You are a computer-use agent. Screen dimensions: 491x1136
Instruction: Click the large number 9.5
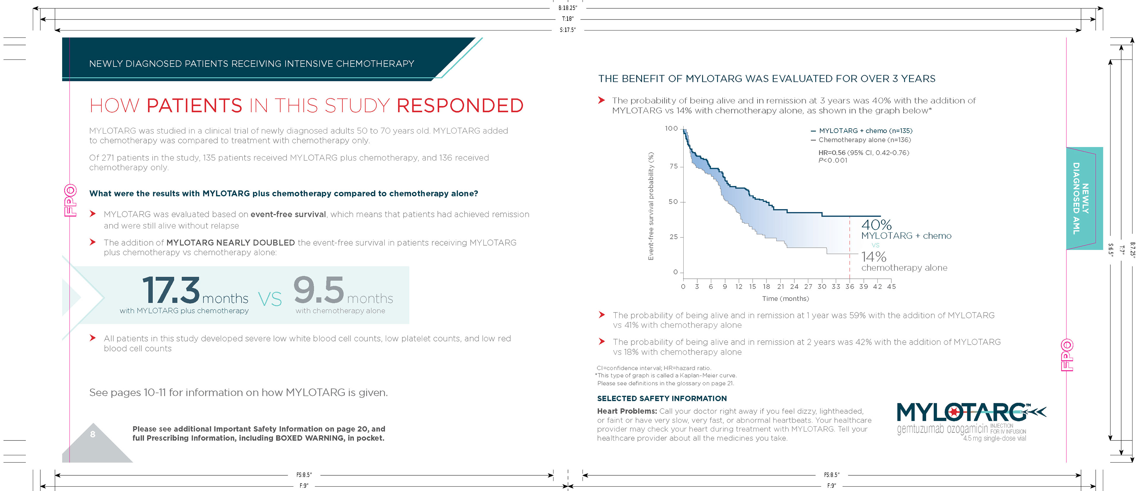(318, 290)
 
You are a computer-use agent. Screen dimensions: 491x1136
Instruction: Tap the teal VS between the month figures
(270, 299)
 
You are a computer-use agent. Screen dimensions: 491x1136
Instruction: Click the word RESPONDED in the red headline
(460, 106)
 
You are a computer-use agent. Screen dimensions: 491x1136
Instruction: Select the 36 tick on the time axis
(849, 286)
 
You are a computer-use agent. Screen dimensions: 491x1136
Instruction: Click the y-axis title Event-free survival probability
(651, 206)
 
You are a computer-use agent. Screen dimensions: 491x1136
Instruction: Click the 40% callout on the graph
(876, 225)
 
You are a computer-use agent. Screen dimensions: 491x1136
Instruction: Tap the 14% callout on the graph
(874, 257)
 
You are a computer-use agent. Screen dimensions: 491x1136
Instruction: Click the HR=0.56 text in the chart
(832, 153)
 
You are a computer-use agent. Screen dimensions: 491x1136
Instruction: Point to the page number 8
(93, 434)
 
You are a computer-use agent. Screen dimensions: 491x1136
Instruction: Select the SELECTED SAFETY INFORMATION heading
(661, 398)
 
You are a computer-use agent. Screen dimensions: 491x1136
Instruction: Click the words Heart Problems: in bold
(627, 411)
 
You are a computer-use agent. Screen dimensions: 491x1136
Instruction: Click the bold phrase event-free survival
(288, 215)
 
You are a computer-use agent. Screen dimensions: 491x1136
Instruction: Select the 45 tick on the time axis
(891, 286)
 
